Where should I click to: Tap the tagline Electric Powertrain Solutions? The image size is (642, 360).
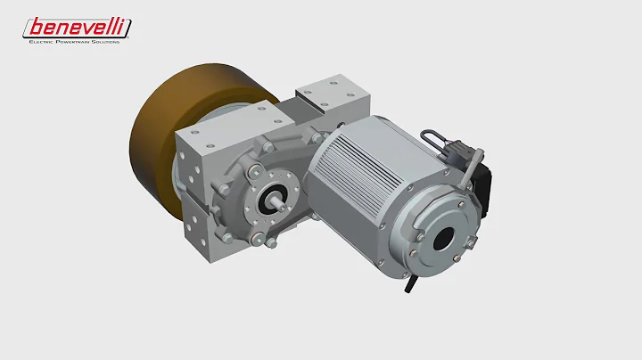tap(75, 41)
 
